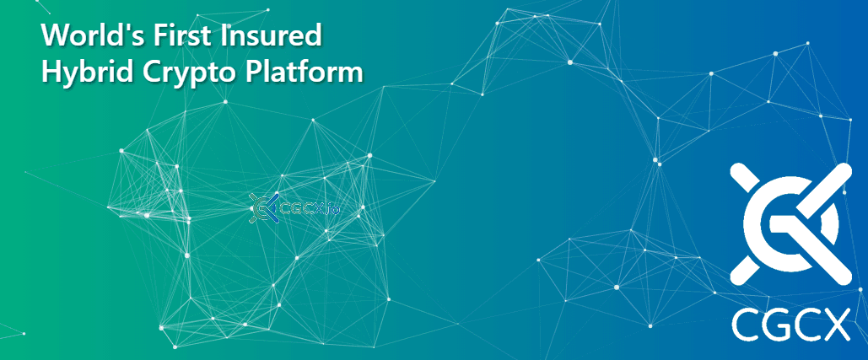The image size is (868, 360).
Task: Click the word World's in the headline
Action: click(84, 36)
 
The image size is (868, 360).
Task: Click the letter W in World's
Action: click(55, 36)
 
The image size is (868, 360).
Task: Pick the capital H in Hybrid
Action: click(51, 73)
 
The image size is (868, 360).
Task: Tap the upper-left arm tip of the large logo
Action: click(736, 169)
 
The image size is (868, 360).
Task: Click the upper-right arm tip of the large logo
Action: click(844, 169)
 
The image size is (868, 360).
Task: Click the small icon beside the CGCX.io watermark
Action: click(263, 208)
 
